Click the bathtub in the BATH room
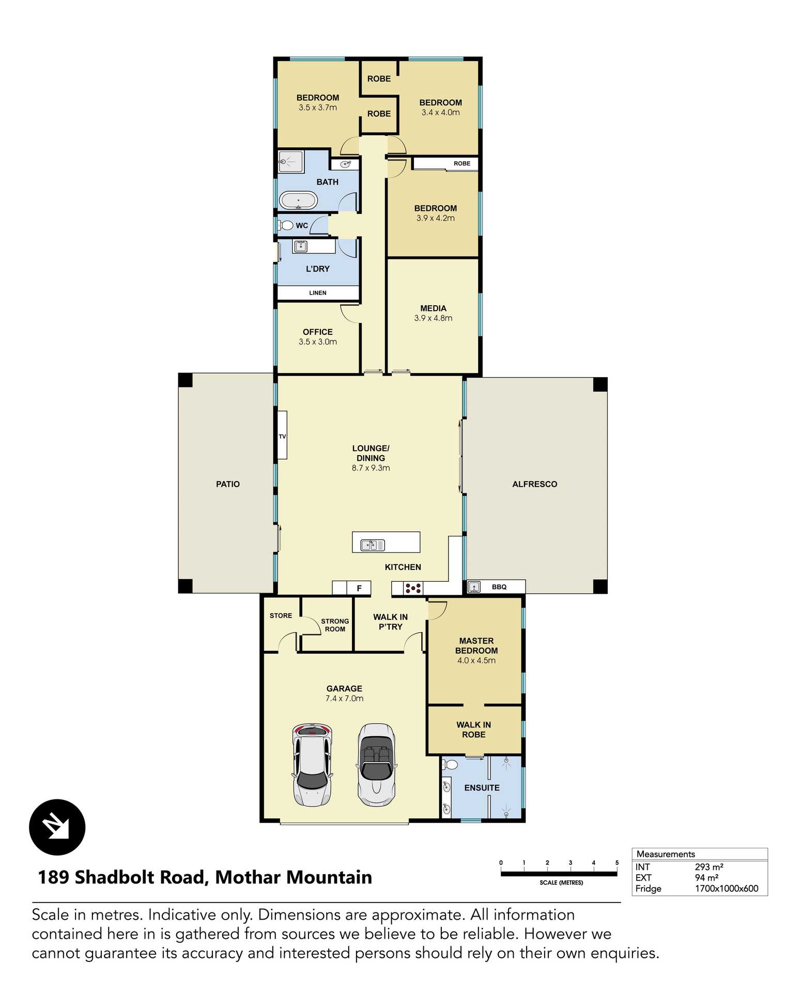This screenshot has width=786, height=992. (x=298, y=200)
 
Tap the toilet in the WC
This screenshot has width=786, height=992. (x=286, y=225)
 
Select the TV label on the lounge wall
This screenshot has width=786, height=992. (x=282, y=437)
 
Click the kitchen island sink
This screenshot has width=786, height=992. (x=372, y=545)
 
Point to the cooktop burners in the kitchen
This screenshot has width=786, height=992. (x=413, y=587)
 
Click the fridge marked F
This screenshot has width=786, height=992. (x=359, y=588)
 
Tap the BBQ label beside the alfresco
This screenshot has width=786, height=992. (x=499, y=587)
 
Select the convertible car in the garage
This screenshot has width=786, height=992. (x=377, y=766)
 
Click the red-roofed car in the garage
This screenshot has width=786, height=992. (x=312, y=766)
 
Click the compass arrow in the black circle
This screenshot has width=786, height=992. (x=57, y=827)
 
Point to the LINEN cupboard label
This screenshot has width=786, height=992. (x=317, y=293)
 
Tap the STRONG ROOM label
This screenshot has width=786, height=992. (x=335, y=625)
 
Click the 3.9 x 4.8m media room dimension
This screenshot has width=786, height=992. (x=433, y=318)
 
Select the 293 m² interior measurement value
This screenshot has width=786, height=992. (x=708, y=867)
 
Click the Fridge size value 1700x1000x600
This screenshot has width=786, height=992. (x=726, y=889)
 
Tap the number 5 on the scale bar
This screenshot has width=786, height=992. (x=617, y=863)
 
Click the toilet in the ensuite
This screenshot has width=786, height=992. (x=451, y=765)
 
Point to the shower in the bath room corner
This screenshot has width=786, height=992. (x=291, y=162)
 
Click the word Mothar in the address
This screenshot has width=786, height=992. (x=248, y=877)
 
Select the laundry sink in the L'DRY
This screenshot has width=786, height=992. (x=300, y=246)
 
